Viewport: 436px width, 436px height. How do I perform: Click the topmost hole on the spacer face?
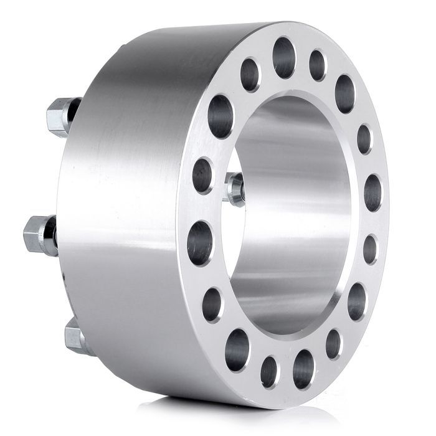283,57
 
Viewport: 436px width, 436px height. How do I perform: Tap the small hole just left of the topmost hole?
250,75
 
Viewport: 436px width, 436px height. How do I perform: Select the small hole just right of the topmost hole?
317,65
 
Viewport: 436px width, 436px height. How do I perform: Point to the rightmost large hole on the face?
372,192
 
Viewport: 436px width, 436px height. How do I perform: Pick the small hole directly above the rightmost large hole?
364,139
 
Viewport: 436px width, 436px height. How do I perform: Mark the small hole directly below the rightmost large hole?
370,249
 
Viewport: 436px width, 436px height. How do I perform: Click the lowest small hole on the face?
269,371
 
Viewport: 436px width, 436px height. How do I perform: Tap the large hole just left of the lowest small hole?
237,350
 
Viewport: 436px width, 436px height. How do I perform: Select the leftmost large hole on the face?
200,242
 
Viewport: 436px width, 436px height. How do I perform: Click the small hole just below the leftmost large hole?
212,304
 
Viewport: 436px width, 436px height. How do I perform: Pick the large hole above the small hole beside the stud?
220,116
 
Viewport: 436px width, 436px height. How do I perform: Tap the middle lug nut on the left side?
39,235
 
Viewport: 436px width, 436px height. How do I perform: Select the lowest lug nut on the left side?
75,338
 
